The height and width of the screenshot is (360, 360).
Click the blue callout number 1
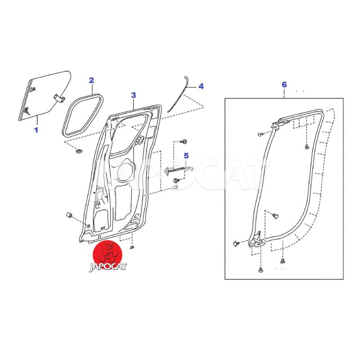click(x=36, y=130)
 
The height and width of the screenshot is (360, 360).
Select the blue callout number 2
click(x=91, y=81)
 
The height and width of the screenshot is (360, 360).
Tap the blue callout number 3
click(x=133, y=95)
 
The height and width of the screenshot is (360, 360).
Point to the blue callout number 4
click(x=201, y=86)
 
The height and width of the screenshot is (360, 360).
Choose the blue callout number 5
click(x=186, y=156)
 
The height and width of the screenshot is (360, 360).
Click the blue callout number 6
click(x=284, y=85)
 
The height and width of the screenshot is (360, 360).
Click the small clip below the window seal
click(x=79, y=151)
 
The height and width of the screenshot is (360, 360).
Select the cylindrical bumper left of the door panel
click(x=69, y=216)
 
